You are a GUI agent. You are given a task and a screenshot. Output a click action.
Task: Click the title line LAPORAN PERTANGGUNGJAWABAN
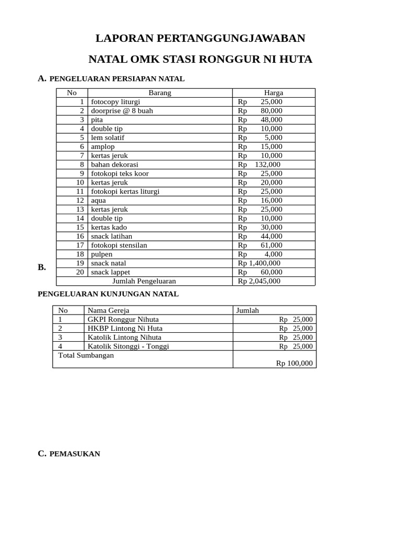(200, 39)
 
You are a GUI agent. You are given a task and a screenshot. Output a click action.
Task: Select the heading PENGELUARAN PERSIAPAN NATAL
(116, 79)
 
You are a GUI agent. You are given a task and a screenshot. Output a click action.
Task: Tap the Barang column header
(160, 93)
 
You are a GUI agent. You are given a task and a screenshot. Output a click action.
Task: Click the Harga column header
(274, 93)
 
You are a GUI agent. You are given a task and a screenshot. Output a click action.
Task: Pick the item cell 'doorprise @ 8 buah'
(122, 111)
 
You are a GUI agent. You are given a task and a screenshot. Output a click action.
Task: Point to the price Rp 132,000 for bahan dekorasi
(260, 165)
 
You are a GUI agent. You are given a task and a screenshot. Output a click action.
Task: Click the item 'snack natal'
(109, 263)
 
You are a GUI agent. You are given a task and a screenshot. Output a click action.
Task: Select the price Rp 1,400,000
(260, 263)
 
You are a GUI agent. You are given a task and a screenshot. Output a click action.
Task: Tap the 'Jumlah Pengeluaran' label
(144, 281)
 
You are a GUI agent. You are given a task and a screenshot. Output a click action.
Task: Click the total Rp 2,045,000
(260, 281)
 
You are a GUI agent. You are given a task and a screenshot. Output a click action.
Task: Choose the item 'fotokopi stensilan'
(119, 245)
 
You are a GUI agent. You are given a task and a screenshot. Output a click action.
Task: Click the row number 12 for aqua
(80, 201)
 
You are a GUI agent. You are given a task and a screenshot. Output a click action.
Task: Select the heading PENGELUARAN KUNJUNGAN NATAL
(108, 294)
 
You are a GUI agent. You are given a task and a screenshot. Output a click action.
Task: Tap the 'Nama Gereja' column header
(108, 310)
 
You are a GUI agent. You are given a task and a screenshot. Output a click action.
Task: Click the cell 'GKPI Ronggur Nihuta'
(123, 319)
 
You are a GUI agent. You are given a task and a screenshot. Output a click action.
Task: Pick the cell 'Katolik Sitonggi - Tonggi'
(128, 346)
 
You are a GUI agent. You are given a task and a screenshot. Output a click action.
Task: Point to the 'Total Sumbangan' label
(86, 355)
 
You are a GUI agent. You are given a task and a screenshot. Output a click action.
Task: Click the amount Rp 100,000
(294, 363)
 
